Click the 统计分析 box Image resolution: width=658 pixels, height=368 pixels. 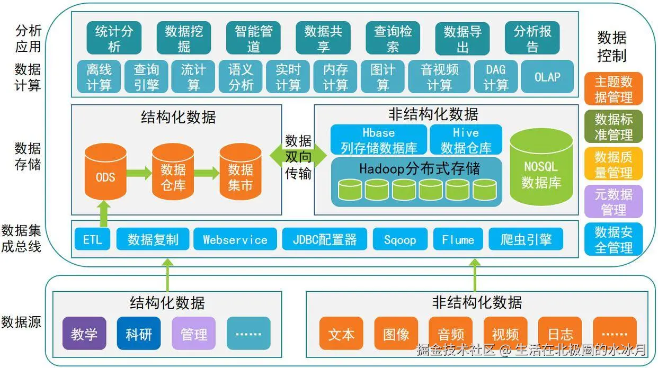114,38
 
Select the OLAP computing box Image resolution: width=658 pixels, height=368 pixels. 547,77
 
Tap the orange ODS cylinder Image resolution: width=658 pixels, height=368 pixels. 105,172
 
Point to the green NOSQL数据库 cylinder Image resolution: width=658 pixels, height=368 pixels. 541,167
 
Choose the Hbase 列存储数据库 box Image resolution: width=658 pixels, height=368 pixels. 378,140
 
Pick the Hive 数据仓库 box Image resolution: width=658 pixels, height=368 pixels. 466,140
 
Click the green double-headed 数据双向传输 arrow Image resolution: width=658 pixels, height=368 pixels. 298,155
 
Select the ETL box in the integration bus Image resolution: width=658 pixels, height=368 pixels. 92,239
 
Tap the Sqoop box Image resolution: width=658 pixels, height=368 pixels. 400,239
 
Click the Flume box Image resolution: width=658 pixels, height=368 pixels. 458,239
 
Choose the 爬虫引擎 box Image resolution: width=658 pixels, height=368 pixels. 526,239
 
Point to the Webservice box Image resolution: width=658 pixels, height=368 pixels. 235,239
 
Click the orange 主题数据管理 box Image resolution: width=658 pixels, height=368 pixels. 613,89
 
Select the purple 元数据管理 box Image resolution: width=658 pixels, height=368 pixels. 613,202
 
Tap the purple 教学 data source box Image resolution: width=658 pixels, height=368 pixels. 84,334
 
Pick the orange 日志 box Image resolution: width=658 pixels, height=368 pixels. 560,334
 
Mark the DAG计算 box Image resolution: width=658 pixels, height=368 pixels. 495,77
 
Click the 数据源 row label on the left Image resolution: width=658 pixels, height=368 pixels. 21,321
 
